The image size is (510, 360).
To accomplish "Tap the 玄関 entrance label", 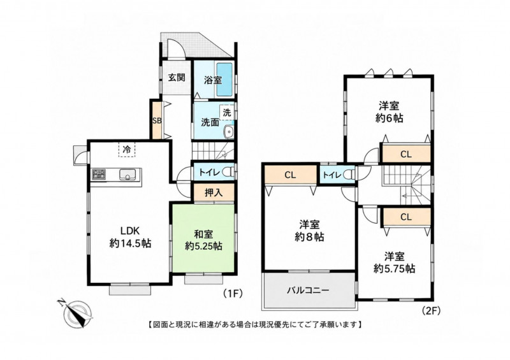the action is (177, 77).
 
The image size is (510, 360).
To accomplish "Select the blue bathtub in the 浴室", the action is (224, 80).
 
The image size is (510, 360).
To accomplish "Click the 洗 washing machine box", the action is (227, 113).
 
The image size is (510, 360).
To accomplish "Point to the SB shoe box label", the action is (157, 120).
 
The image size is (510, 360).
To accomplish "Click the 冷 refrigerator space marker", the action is (127, 150).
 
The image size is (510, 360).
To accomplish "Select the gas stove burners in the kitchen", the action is (99, 175).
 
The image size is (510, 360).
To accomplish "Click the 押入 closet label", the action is (214, 192).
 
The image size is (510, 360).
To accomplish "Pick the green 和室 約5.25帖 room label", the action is (203, 240).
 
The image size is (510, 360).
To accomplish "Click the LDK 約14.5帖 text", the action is (130, 238).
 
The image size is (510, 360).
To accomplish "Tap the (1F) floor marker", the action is (233, 293).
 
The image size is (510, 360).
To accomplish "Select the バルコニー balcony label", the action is (308, 290).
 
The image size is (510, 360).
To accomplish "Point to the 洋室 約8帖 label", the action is (309, 231).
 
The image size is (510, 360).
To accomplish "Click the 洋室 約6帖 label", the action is (389, 112).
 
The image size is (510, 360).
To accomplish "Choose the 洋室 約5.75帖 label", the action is (394, 263).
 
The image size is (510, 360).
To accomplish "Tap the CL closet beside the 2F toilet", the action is (290, 175).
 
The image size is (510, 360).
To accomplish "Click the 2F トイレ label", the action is (331, 175).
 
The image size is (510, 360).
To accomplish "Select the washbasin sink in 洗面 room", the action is (229, 132).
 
